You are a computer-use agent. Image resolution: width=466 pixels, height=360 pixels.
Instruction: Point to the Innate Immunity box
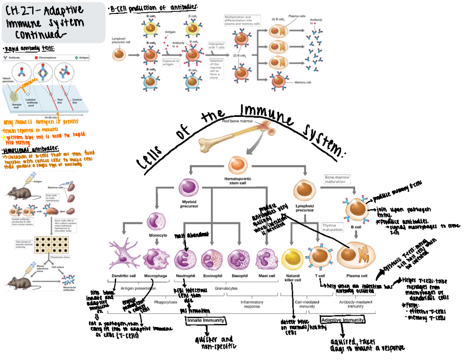pyautogui.click(x=206, y=320)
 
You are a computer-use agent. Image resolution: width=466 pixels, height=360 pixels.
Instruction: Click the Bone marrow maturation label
pyautogui.click(x=337, y=179)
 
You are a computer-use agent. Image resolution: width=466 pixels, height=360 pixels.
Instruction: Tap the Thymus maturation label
pyautogui.click(x=332, y=227)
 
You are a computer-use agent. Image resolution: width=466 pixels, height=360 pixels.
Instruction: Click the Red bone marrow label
pyautogui.click(x=237, y=121)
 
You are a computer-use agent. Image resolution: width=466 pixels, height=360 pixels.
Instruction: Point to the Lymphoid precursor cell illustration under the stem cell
pyautogui.click(x=305, y=191)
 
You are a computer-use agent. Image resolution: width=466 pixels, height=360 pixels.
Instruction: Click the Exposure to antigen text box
pyautogui.click(x=171, y=63)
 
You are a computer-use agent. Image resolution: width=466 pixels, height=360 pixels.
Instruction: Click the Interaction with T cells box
pyautogui.click(x=216, y=46)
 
